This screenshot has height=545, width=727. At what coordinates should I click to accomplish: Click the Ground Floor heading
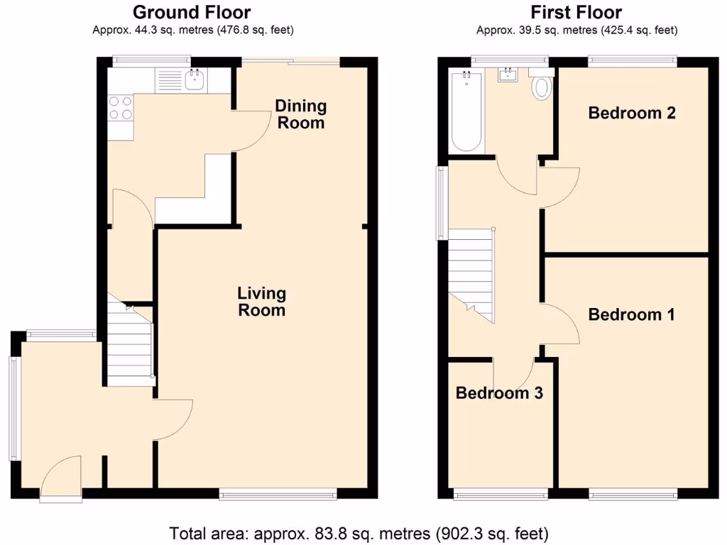tap(192, 12)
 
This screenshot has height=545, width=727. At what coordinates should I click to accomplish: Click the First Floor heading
tap(576, 12)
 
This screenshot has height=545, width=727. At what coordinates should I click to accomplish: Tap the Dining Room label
tap(300, 114)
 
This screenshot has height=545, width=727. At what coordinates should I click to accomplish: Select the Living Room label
tap(261, 302)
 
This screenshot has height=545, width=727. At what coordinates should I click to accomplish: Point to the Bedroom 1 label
tap(631, 314)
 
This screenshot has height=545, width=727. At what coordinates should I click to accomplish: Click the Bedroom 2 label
tap(631, 113)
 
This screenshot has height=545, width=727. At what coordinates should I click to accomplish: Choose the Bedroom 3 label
tap(499, 392)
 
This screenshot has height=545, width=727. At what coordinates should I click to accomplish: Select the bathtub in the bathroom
tap(466, 112)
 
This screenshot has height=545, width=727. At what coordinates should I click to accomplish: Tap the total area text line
tap(359, 532)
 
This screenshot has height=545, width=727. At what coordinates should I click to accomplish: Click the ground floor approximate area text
tap(192, 30)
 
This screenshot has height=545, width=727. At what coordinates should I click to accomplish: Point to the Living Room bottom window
tap(278, 493)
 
